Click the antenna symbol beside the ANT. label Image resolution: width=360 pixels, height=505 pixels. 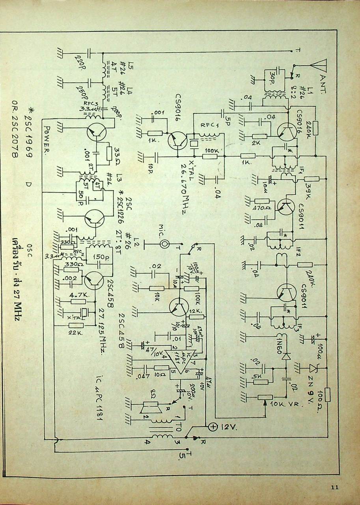[x=319, y=65]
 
